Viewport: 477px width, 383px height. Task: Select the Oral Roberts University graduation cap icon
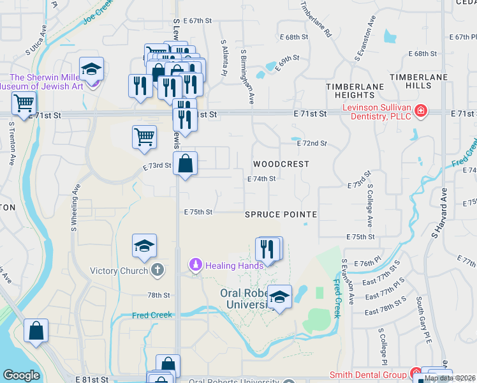pyautogui.click(x=279, y=297)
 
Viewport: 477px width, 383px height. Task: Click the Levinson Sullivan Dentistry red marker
pyautogui.click(x=421, y=112)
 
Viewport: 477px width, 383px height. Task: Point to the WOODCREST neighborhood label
pyautogui.click(x=281, y=164)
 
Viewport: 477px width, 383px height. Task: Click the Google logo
pyautogui.click(x=21, y=375)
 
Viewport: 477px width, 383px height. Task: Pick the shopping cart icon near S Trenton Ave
pyautogui.click(x=24, y=102)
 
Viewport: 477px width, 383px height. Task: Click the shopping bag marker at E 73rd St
pyautogui.click(x=184, y=163)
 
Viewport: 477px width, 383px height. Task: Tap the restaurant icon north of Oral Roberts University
pyautogui.click(x=268, y=248)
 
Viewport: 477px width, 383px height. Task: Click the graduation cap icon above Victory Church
pyautogui.click(x=145, y=246)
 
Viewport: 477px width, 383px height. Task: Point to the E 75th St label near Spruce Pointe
pyautogui.click(x=198, y=212)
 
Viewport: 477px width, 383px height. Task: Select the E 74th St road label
pyautogui.click(x=261, y=179)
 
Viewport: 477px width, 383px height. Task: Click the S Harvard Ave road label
pyautogui.click(x=438, y=214)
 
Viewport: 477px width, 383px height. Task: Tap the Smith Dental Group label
pyautogui.click(x=367, y=375)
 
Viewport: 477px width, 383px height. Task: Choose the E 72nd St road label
pyautogui.click(x=312, y=144)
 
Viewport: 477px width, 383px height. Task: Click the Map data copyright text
pyautogui.click(x=450, y=378)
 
